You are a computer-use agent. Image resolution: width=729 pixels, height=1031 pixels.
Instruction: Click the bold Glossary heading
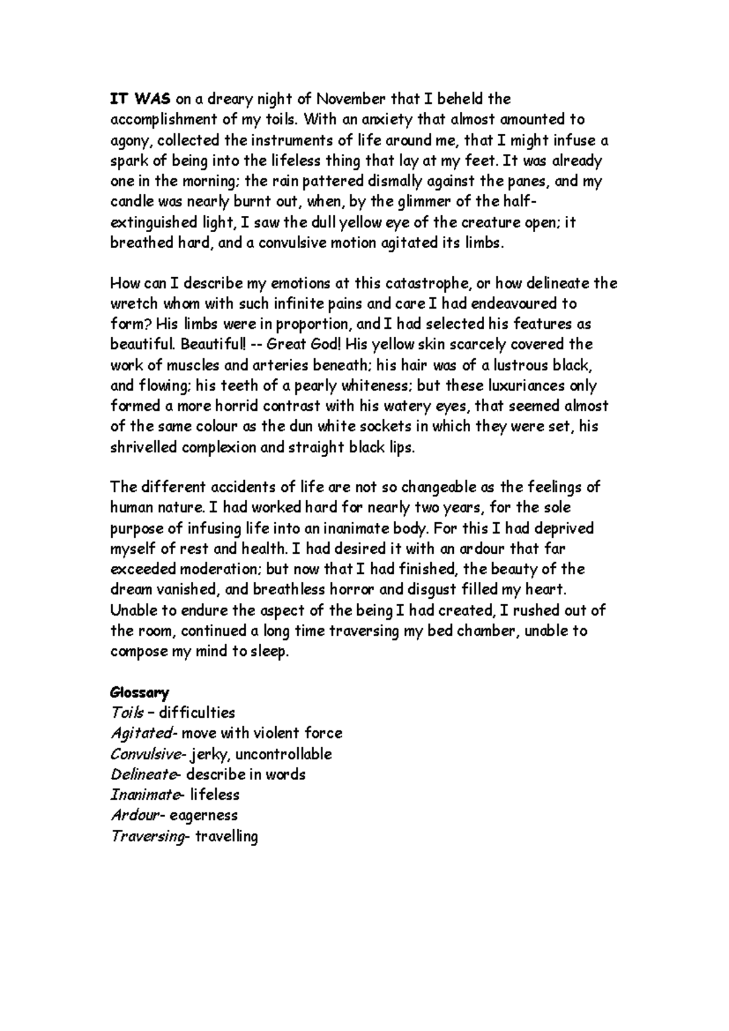pyautogui.click(x=140, y=692)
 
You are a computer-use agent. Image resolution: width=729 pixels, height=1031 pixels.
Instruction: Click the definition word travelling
pyautogui.click(x=227, y=836)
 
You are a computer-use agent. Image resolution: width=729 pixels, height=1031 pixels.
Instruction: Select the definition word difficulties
pyautogui.click(x=197, y=713)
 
